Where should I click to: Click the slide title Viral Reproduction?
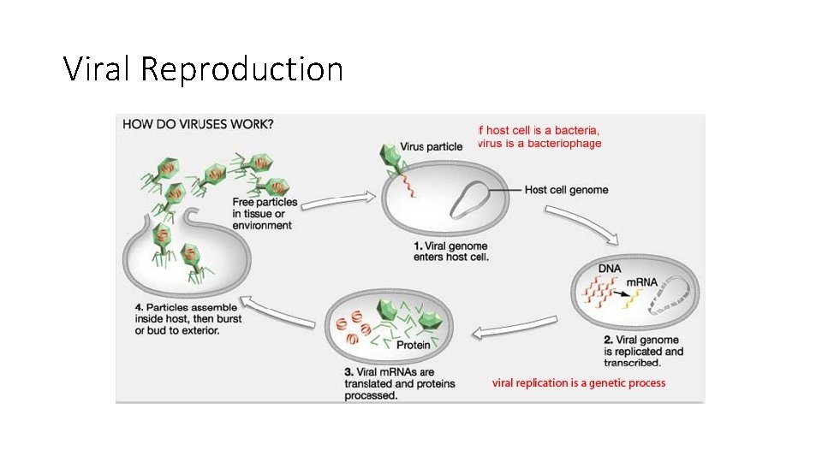point(203,68)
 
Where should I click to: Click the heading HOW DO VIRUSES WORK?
point(198,124)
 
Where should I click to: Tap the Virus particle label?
point(431,146)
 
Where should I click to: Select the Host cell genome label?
point(566,189)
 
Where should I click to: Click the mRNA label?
point(643,281)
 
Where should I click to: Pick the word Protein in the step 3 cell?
point(413,346)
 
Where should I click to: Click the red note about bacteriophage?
point(539,137)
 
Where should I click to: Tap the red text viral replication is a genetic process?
point(578,382)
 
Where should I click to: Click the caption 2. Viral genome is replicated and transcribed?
point(645,352)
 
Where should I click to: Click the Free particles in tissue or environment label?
point(265,214)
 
